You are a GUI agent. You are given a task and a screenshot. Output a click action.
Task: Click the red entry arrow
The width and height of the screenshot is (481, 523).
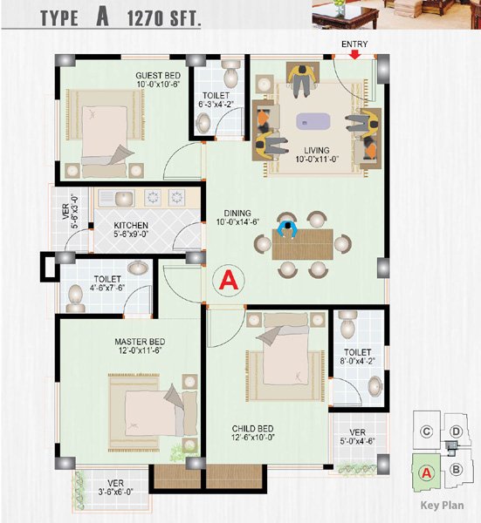point(354,55)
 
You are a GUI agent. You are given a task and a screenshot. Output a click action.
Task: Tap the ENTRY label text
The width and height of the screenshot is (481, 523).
point(354,44)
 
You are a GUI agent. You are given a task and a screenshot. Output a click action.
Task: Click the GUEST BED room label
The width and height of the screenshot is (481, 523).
point(158,75)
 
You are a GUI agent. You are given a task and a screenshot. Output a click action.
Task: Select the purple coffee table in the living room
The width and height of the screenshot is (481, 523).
point(313,121)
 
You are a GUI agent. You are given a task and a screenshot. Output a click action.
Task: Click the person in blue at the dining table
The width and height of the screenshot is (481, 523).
point(287,228)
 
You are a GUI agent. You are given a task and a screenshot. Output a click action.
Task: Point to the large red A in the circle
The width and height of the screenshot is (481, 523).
point(229,280)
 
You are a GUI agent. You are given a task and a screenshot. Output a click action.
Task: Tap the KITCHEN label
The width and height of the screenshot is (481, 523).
point(131,226)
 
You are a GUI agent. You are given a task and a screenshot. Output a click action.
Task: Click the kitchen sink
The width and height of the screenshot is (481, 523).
point(124,199)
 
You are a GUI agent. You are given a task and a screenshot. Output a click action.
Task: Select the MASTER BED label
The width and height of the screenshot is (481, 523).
point(140,342)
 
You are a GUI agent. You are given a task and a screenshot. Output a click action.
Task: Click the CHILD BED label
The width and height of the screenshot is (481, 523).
point(253,428)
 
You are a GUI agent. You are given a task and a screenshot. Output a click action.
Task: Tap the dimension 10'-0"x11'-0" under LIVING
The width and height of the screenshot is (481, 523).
point(317,160)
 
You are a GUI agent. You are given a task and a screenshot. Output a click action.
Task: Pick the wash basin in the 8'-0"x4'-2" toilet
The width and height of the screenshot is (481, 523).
point(375,386)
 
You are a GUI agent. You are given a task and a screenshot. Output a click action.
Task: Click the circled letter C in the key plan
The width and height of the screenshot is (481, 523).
point(427,431)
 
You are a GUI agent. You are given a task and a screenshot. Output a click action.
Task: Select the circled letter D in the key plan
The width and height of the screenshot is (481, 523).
point(456,431)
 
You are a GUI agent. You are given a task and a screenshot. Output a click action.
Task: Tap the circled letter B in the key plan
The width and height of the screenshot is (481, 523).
point(456,469)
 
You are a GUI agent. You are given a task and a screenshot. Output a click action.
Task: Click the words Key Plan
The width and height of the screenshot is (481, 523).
point(442,506)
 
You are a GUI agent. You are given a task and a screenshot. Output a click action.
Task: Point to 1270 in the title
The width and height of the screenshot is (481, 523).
point(146,18)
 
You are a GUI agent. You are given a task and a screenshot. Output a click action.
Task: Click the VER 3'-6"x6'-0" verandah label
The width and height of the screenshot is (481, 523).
point(115,487)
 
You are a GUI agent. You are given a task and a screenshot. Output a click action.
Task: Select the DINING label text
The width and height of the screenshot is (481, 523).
point(237,214)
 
